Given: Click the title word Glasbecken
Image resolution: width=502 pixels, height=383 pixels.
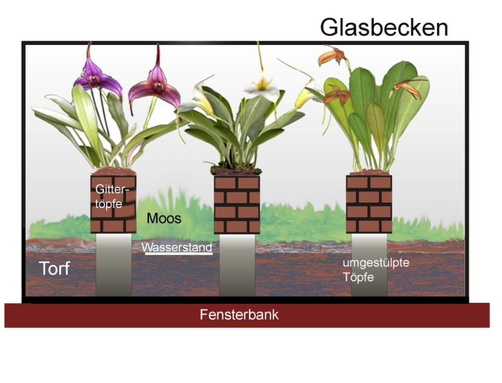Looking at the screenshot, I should (x=384, y=28).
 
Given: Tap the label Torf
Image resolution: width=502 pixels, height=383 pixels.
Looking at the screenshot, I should (x=54, y=268).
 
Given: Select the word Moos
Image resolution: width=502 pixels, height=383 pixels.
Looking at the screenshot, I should (x=164, y=218).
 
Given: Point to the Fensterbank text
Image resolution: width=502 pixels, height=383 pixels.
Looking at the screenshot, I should (x=239, y=314).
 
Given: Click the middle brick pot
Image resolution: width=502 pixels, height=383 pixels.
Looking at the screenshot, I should (x=237, y=204).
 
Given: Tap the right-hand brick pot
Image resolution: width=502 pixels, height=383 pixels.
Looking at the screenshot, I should (x=369, y=204).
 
